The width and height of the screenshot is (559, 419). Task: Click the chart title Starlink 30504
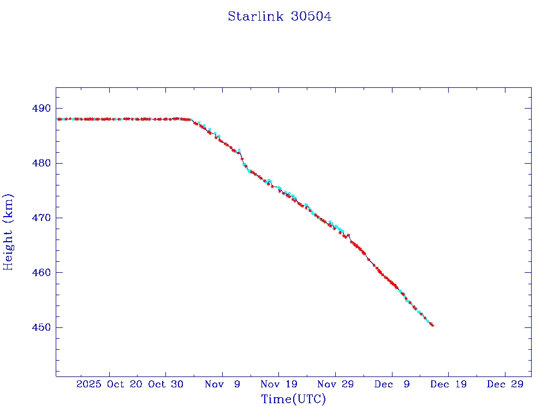coord(279,16)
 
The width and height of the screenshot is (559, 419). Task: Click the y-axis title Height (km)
coord(8,232)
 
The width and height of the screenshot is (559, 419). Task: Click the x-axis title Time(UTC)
coord(293,399)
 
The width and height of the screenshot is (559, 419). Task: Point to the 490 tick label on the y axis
coord(42,109)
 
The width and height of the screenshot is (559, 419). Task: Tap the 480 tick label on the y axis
coord(42,163)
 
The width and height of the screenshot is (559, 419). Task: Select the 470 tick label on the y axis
coord(42,218)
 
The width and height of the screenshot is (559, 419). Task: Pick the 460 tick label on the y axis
coord(42,272)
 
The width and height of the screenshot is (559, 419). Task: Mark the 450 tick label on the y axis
coord(42,327)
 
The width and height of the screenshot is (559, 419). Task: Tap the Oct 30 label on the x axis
coord(166,384)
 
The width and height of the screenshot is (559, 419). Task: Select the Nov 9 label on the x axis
coord(223,384)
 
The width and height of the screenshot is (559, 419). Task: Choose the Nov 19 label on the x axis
coord(279,384)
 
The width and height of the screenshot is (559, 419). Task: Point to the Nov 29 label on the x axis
coord(336,384)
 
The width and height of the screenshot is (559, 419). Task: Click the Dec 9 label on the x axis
coord(392,384)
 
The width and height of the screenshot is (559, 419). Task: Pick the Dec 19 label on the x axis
coord(449,384)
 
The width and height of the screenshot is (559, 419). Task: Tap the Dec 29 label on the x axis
coord(505,384)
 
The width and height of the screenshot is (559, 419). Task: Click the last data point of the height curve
coord(432,325)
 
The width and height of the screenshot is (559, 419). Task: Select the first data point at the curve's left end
coord(58,119)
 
